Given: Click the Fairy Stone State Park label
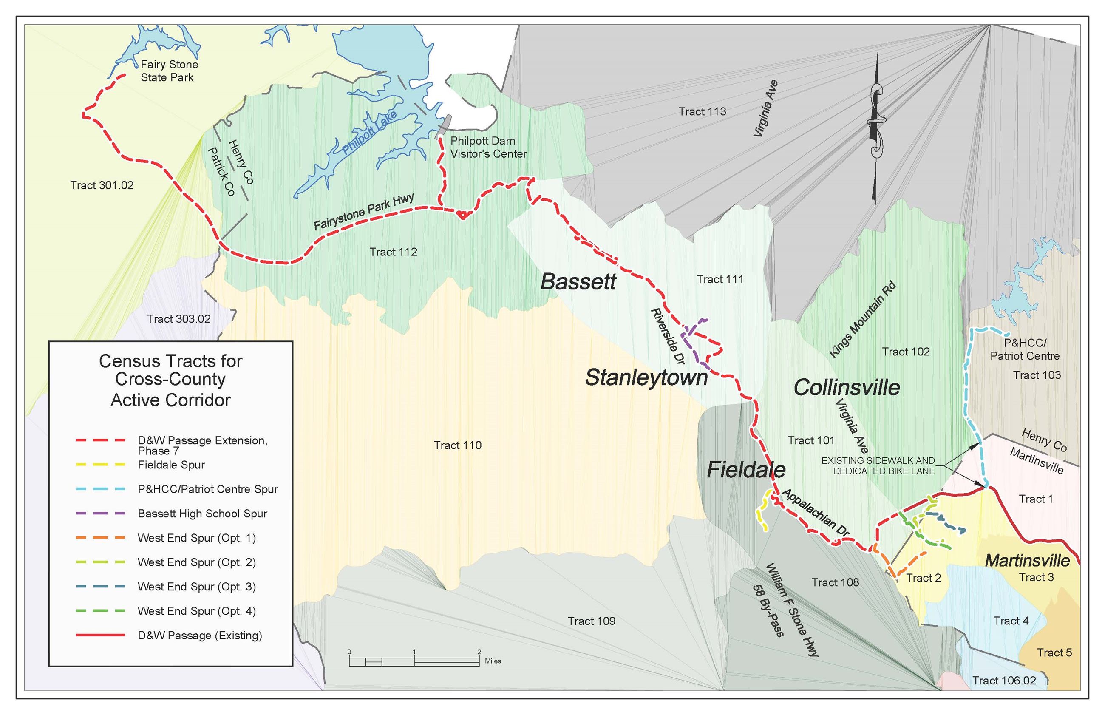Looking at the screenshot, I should (169, 71).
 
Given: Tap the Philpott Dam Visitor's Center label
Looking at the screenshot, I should (488, 147).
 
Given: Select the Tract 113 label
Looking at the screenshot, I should (702, 111).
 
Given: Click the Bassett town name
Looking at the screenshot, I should (578, 282).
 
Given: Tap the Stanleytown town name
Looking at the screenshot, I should (646, 377).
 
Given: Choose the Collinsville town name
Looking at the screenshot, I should (847, 387).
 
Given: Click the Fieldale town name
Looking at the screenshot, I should (746, 470).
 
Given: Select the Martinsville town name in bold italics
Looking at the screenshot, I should (1027, 560).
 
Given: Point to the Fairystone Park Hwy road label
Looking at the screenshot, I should (363, 212).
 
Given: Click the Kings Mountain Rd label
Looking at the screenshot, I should (862, 320).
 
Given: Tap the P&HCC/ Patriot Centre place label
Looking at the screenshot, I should (1024, 349).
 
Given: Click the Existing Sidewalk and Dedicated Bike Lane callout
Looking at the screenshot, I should (878, 465).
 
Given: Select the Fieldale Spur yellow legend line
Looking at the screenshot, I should (100, 465).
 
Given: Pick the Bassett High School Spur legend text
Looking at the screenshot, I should (202, 514).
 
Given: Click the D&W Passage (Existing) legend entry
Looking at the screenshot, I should (200, 635).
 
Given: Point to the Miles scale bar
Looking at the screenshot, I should (414, 661).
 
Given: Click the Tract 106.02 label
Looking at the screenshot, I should (1004, 681).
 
